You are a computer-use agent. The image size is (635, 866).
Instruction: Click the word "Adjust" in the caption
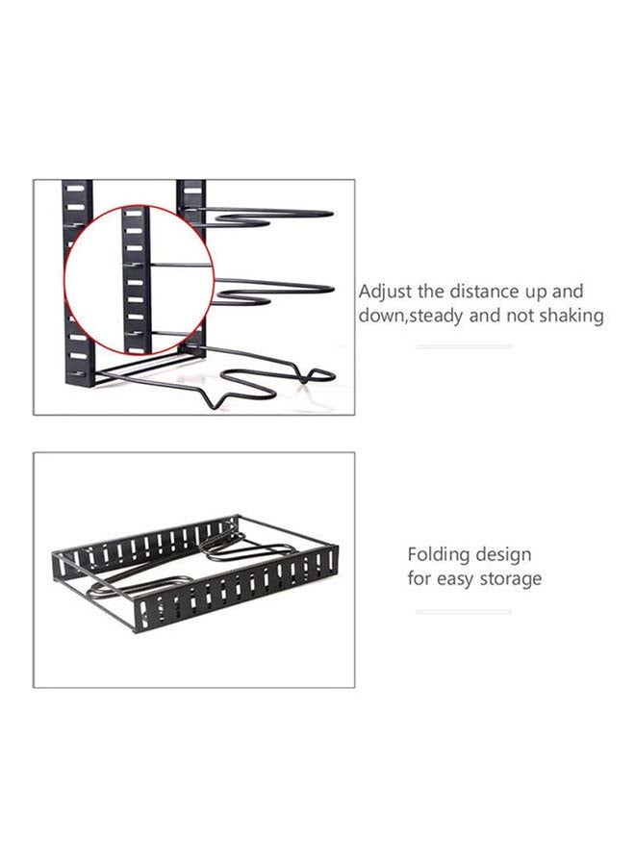click(385, 292)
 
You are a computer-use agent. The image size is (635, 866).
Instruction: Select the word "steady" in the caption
click(440, 316)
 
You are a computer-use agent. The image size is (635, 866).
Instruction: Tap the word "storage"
click(509, 579)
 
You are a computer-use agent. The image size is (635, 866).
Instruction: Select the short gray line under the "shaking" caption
click(464, 346)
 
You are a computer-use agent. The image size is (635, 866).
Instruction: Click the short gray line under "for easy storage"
click(464, 611)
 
